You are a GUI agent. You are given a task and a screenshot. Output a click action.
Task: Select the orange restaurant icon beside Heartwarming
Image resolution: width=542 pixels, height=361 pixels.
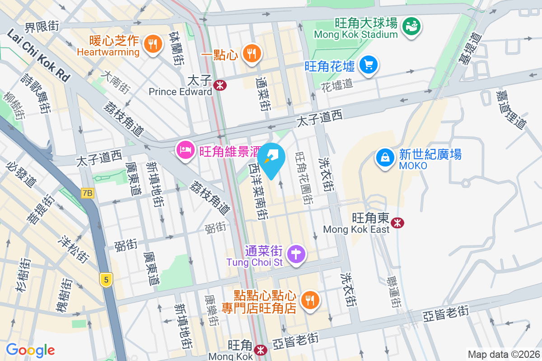(153, 44)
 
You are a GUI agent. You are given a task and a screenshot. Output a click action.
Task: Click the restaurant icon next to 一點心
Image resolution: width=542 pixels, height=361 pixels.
(252, 54)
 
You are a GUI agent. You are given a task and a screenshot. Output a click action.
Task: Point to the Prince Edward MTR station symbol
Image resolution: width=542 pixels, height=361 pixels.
(220, 85)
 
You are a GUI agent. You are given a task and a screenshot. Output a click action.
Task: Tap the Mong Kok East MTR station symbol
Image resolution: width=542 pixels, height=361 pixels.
(397, 222)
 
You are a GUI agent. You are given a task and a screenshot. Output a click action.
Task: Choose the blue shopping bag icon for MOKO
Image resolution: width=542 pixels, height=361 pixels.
(384, 158)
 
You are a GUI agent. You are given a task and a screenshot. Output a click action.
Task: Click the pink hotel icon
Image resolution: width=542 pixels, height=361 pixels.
(185, 150)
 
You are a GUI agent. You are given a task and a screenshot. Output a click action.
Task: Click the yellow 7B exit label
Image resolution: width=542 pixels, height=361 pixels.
(88, 193)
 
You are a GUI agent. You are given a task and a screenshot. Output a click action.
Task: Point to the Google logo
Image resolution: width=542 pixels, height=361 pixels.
(30, 350)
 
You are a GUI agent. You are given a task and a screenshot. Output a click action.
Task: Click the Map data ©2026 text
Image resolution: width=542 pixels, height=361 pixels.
(503, 354)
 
